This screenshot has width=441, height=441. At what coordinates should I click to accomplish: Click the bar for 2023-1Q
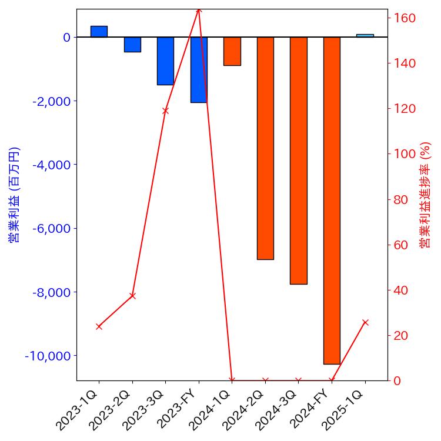coord(99,32)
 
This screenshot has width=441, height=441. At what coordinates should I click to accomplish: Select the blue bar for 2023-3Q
coord(165,61)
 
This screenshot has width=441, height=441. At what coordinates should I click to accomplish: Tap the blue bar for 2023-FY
coord(199,69)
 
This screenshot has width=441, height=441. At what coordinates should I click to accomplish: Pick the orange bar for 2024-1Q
coord(232,51)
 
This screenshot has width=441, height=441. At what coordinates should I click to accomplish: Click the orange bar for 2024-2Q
coord(265,148)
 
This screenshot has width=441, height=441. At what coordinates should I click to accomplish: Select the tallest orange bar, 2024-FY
coord(332,201)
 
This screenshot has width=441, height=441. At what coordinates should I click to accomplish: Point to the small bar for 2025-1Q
coord(365,35)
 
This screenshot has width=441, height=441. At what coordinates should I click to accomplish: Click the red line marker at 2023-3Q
coord(165,111)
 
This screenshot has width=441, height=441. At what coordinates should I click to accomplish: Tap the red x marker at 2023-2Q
coord(132,296)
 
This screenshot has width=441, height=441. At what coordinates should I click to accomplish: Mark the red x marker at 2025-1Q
coord(365,322)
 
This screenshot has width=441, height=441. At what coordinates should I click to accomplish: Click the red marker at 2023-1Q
coord(99,326)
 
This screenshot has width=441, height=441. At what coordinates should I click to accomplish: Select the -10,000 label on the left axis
coord(48,356)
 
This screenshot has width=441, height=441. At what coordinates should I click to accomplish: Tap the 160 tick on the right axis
coord(405,18)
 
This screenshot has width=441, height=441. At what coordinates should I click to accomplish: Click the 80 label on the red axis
coord(402,199)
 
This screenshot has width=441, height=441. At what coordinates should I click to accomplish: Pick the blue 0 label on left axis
coord(66,37)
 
